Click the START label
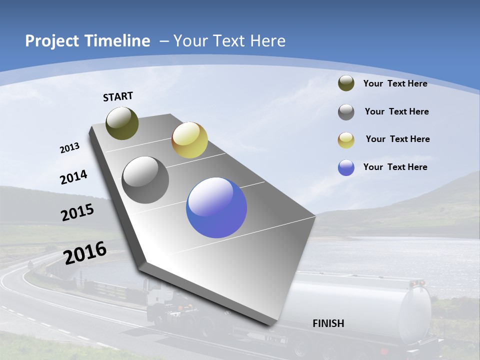[118, 96]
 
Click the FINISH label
[328, 323]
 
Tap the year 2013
[69, 148]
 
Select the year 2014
[73, 177]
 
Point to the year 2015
[77, 212]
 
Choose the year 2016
[85, 253]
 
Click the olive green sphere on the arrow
[122, 123]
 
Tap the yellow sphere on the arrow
[189, 140]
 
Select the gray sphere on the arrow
[145, 180]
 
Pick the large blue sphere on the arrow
[216, 208]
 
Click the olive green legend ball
[346, 83]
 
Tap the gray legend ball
[346, 112]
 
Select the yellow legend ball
[346, 140]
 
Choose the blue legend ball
[346, 167]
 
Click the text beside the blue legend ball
[395, 167]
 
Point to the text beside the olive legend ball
[395, 83]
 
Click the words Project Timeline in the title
[87, 41]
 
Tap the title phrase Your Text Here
[229, 41]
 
